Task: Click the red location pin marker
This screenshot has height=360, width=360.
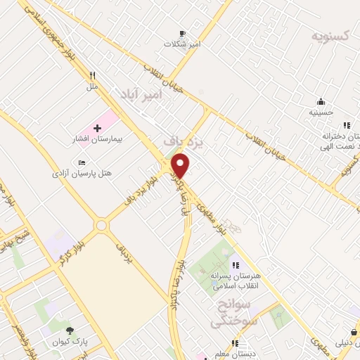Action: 181,165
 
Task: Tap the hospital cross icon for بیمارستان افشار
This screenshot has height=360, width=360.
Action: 97,128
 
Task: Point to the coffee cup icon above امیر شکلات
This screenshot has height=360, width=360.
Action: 182,33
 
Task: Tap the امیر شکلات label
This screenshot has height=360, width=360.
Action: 182,44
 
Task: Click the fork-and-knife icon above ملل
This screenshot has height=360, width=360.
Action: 91,77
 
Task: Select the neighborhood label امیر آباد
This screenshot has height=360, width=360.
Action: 141,94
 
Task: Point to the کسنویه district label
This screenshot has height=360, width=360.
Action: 333,34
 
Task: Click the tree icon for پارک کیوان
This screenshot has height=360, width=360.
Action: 69,331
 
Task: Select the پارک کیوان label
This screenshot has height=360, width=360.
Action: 68,342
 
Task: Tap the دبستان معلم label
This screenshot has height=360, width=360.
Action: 235,354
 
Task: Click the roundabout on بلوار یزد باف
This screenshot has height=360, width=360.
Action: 102,225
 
